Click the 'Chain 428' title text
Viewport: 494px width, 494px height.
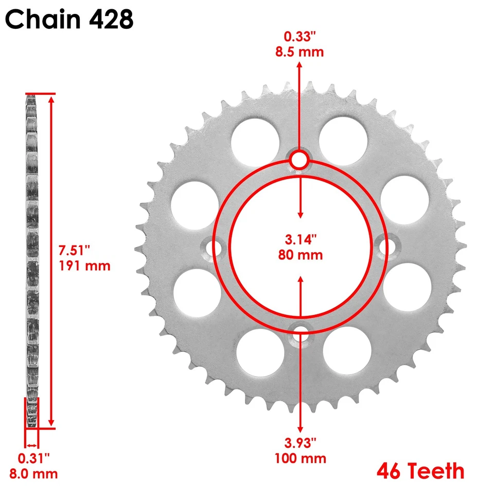pos(70,19)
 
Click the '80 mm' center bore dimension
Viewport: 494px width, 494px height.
pos(301,254)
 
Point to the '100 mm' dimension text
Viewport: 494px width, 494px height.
pos(301,458)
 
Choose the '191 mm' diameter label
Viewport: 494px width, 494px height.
pos(84,266)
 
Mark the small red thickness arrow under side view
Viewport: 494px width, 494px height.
pos(32,445)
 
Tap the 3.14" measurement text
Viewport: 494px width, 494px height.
pos(301,239)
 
